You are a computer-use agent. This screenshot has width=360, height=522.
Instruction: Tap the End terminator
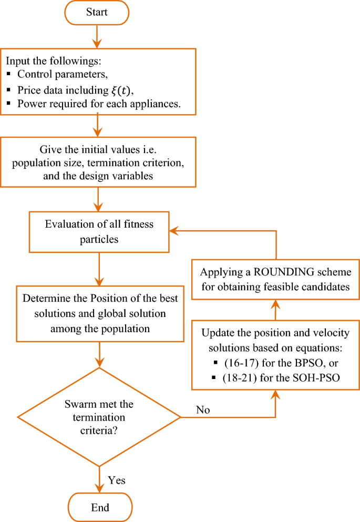coord(100,507)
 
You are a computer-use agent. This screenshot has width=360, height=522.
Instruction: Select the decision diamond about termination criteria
coord(99,417)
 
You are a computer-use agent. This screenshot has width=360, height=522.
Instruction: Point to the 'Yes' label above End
coord(116,480)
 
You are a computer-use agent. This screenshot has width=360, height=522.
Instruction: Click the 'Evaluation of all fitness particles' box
coord(99,231)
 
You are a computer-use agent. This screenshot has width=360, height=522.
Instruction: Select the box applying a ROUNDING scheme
coord(275,280)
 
